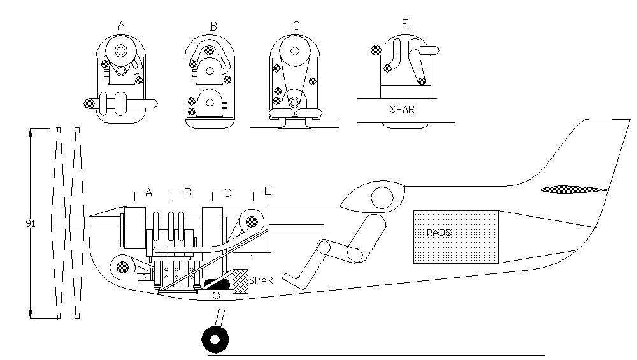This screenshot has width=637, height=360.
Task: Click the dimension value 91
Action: click(x=30, y=223)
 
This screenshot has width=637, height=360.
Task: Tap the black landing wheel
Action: click(x=215, y=338)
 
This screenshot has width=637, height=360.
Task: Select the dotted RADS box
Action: click(x=456, y=236)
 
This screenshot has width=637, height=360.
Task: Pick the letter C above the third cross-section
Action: click(x=296, y=26)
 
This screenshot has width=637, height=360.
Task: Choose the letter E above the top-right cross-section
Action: click(x=405, y=25)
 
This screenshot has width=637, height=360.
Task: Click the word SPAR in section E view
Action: click(x=402, y=109)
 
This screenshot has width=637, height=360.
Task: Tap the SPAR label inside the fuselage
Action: click(x=261, y=279)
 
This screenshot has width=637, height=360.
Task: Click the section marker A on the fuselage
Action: click(x=148, y=192)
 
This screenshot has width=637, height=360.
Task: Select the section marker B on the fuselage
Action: click(x=188, y=192)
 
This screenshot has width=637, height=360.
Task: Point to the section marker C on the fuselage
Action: click(x=227, y=192)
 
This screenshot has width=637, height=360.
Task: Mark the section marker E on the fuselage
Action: click(x=267, y=192)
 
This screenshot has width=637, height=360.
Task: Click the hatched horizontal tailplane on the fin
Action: click(x=574, y=189)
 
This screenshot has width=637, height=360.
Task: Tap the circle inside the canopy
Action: click(x=382, y=198)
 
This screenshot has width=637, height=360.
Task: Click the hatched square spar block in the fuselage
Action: click(x=240, y=281)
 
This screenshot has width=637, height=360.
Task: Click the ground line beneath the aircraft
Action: click(x=382, y=354)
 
